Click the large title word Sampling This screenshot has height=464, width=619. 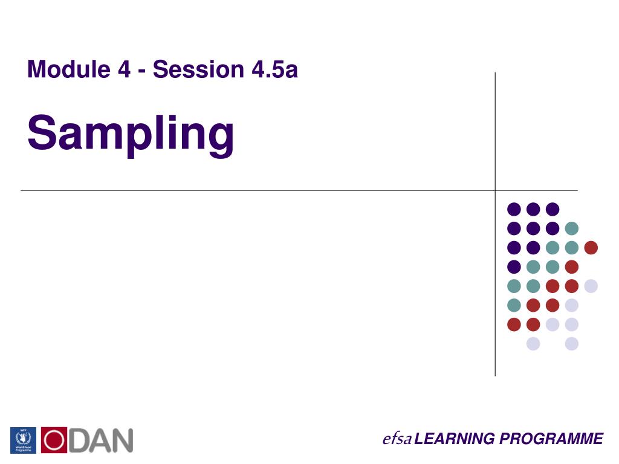point(131,134)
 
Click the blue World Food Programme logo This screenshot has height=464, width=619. point(23,440)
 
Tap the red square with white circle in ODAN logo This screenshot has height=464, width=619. point(54,440)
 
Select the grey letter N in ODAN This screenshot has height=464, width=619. point(121,440)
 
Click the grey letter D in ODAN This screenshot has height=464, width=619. point(79,440)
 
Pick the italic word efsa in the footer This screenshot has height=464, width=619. point(397,439)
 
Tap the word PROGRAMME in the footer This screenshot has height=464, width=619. point(551,439)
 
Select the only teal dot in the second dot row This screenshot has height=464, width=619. point(571,228)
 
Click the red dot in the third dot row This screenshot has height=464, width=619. point(591,248)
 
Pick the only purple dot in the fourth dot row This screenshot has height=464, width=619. point(514,267)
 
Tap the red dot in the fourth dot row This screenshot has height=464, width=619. point(571,267)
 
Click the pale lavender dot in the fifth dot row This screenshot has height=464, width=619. point(591,286)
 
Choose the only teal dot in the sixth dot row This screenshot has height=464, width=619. point(514,306)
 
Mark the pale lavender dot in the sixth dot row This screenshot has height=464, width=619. point(571,306)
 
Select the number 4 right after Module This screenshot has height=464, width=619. point(124,70)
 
